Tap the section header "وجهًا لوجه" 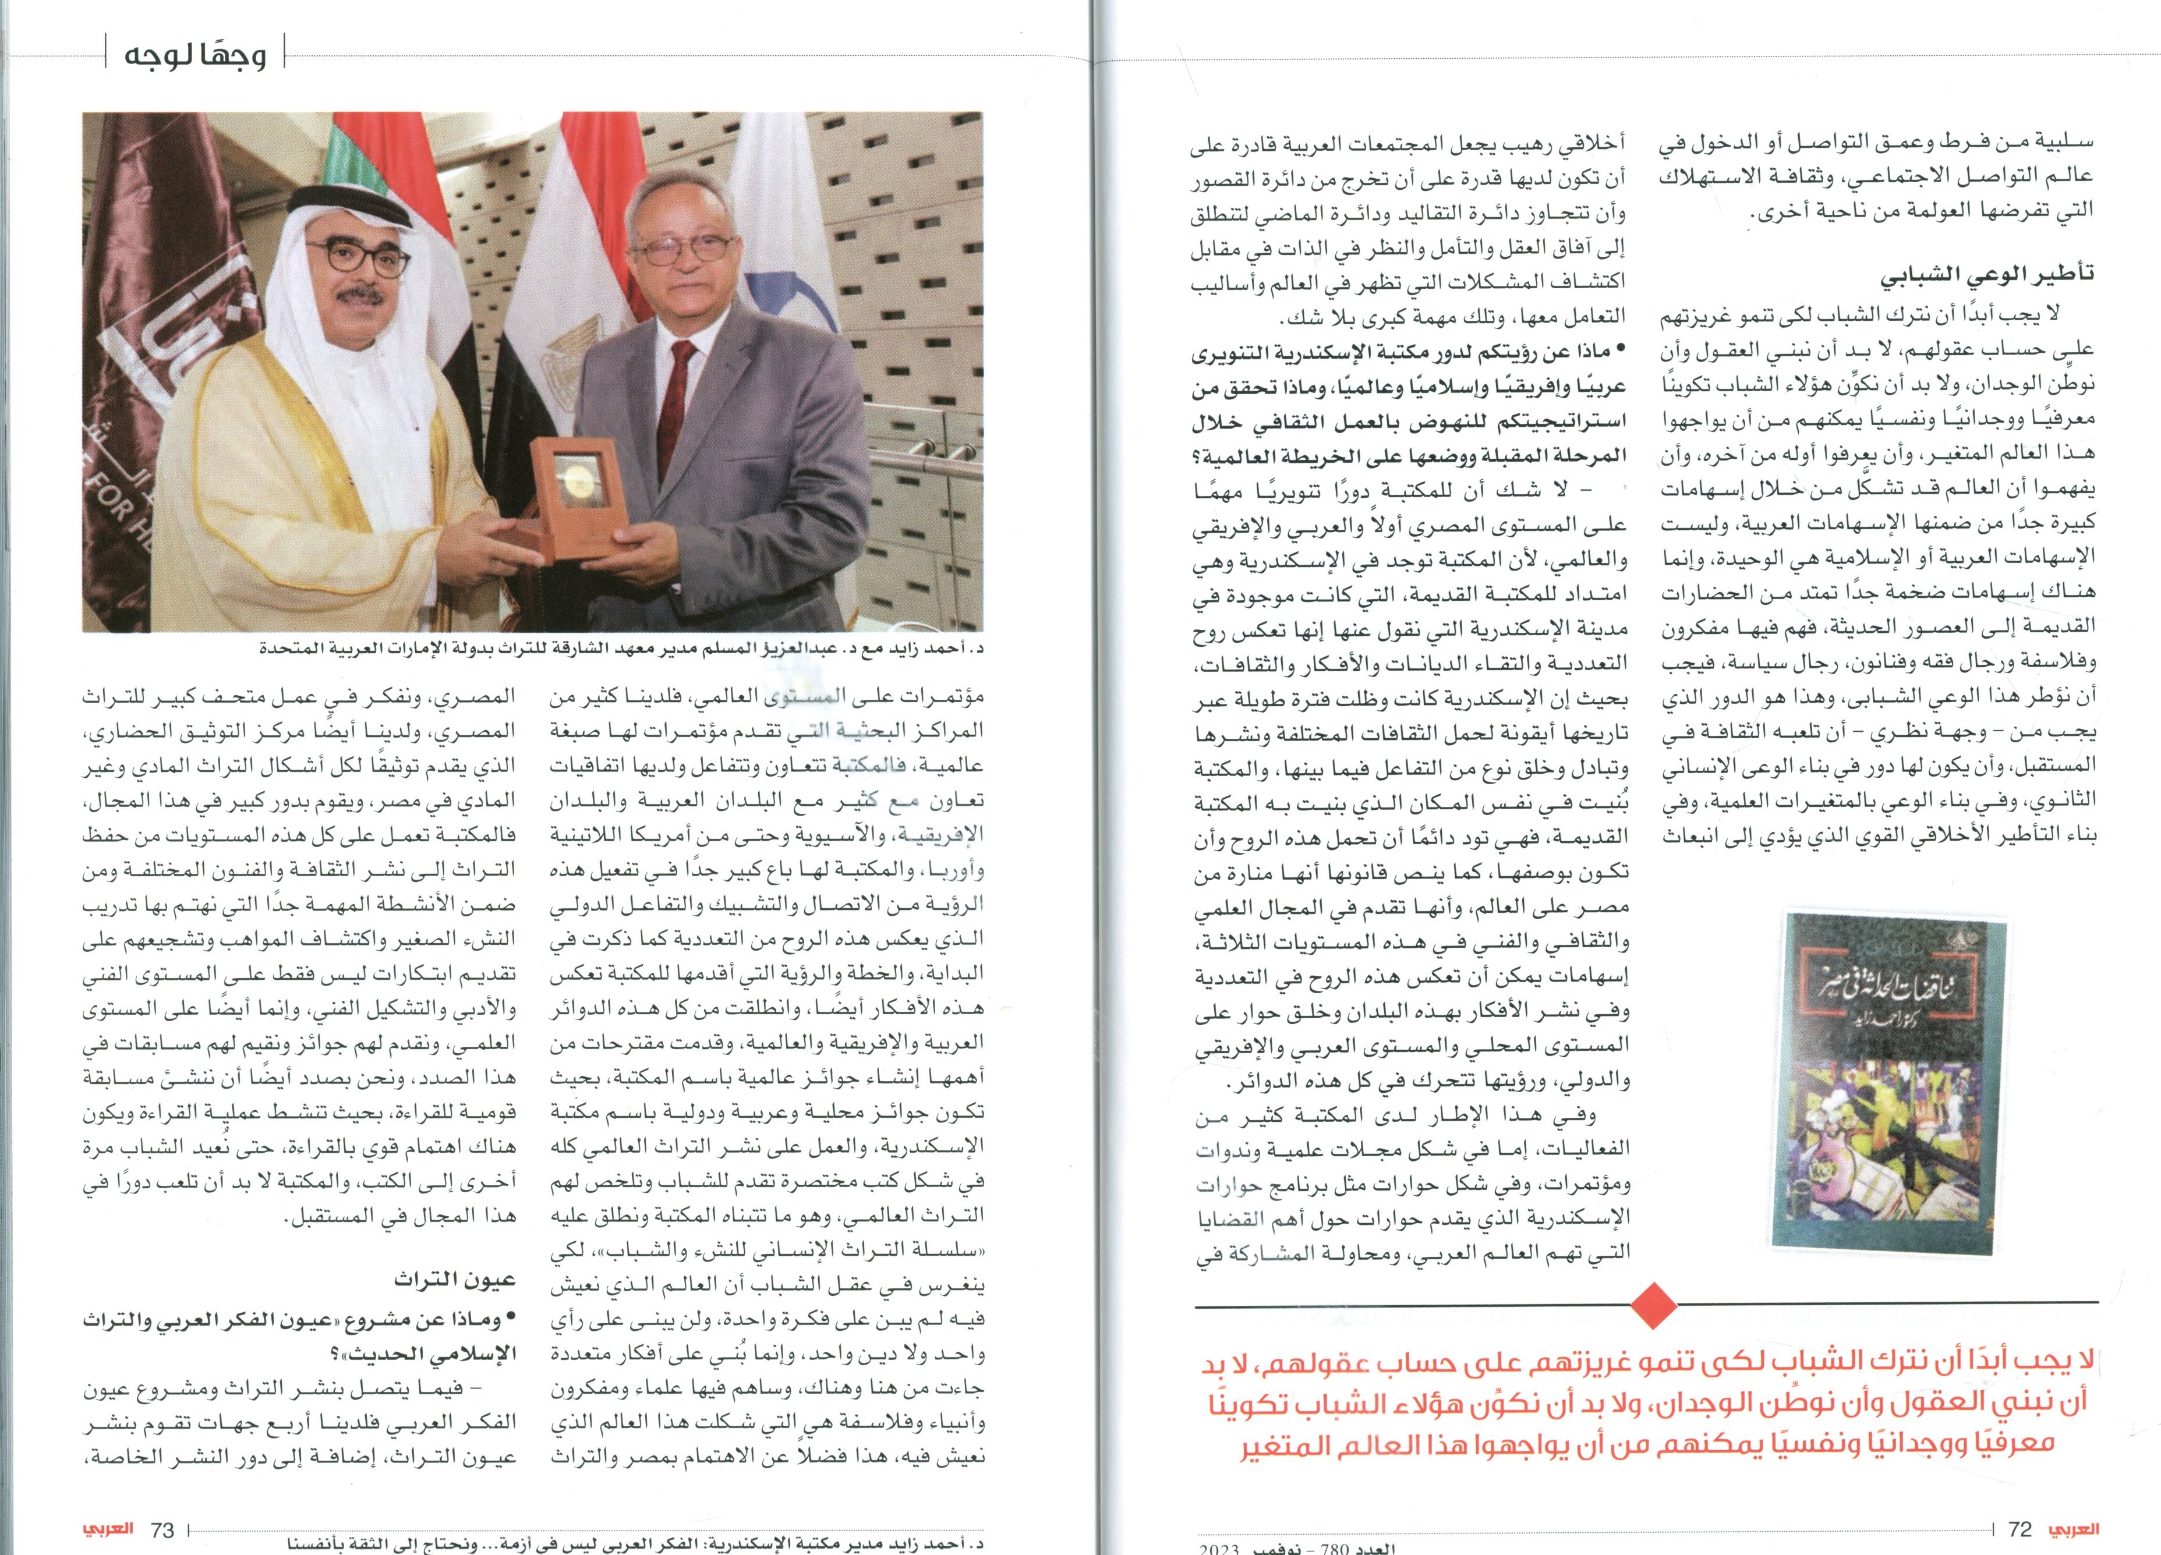pyautogui.click(x=195, y=54)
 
